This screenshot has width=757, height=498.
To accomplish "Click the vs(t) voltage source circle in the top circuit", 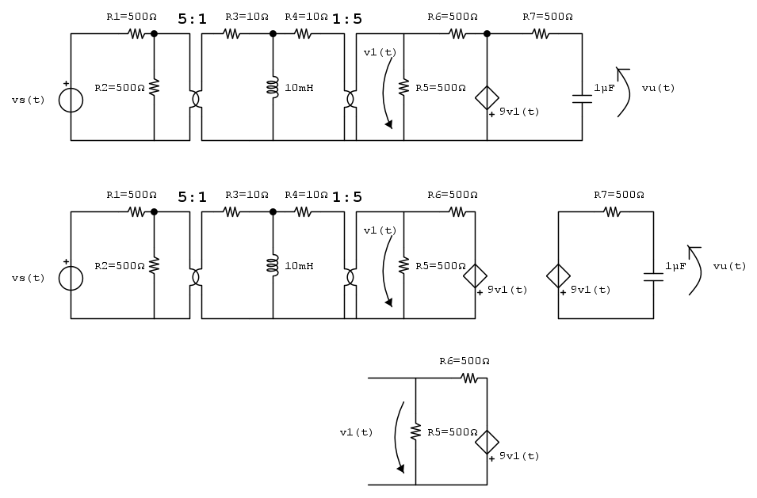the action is pos(71,101).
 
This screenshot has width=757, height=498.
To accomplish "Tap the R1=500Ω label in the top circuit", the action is pos(132,17).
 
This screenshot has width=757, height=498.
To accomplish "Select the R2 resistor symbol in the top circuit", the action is pos(154,87).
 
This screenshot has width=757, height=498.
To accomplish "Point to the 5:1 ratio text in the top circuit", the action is pos(192,19).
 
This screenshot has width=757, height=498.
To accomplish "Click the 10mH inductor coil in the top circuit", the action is pos(273,87).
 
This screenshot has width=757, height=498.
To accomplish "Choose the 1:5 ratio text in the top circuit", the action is pos(347,19).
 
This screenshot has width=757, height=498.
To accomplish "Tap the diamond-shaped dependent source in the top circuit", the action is pos(487,98).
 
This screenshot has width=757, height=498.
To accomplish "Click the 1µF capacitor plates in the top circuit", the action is pos(582,99).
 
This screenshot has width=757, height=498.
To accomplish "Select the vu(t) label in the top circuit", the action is pos(658,88).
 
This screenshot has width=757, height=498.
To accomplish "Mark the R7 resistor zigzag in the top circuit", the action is pos(541,34).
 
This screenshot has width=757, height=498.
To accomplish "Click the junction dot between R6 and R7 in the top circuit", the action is pos(487,34).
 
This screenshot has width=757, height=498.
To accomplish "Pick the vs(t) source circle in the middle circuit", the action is pos(71,278).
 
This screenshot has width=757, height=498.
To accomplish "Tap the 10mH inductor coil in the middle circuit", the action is pos(273,266).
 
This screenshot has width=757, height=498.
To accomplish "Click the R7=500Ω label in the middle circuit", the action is pos(619,195).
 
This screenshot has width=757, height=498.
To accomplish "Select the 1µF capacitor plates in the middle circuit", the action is pos(653,277).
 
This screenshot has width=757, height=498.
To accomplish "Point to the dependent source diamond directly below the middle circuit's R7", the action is pos(558,276).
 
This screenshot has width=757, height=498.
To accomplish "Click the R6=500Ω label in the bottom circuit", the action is pos(465,361).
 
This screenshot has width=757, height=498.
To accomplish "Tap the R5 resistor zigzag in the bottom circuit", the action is pos(415,432).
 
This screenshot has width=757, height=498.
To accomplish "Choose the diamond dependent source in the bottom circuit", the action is pos(487,442).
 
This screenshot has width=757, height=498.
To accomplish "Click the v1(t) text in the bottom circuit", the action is pos(356,432).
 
